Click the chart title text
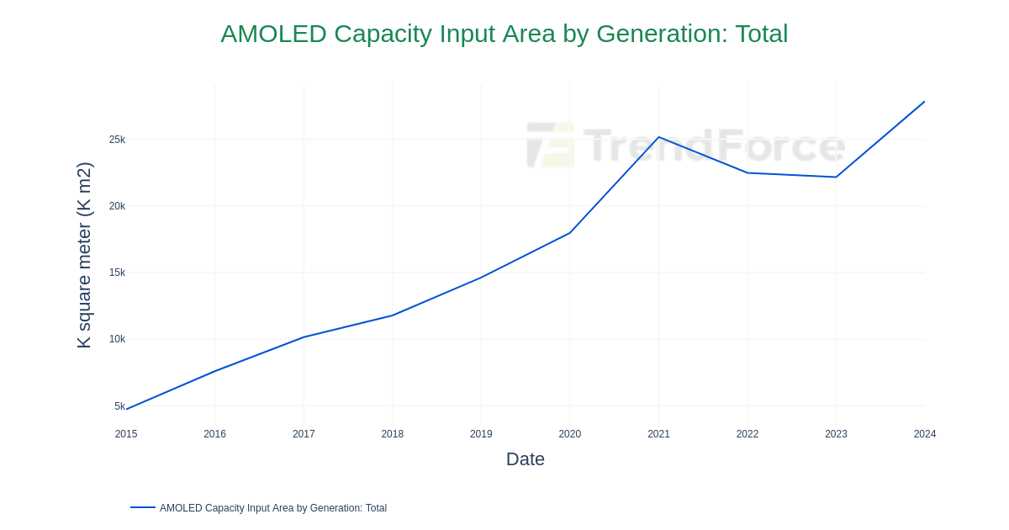coord(504,34)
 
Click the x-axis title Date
coord(525,459)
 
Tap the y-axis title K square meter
coord(84,255)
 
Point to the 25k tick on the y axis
coord(117,140)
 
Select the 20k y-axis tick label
coord(117,206)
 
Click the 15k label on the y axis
coord(117,273)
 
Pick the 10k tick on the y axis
coord(117,339)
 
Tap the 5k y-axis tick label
coord(119,406)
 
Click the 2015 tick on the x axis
coord(126,434)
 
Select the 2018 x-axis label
coord(393,434)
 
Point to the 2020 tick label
coord(570,434)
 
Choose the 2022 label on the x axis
coord(748,434)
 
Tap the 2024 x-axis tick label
coord(925,434)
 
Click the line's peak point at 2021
coord(658,137)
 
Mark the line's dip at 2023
coord(836,177)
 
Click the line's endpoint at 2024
coord(924,102)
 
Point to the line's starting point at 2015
coord(127,409)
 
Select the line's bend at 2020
coord(570,232)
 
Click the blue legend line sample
coord(143,507)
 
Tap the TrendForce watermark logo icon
coord(551,145)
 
